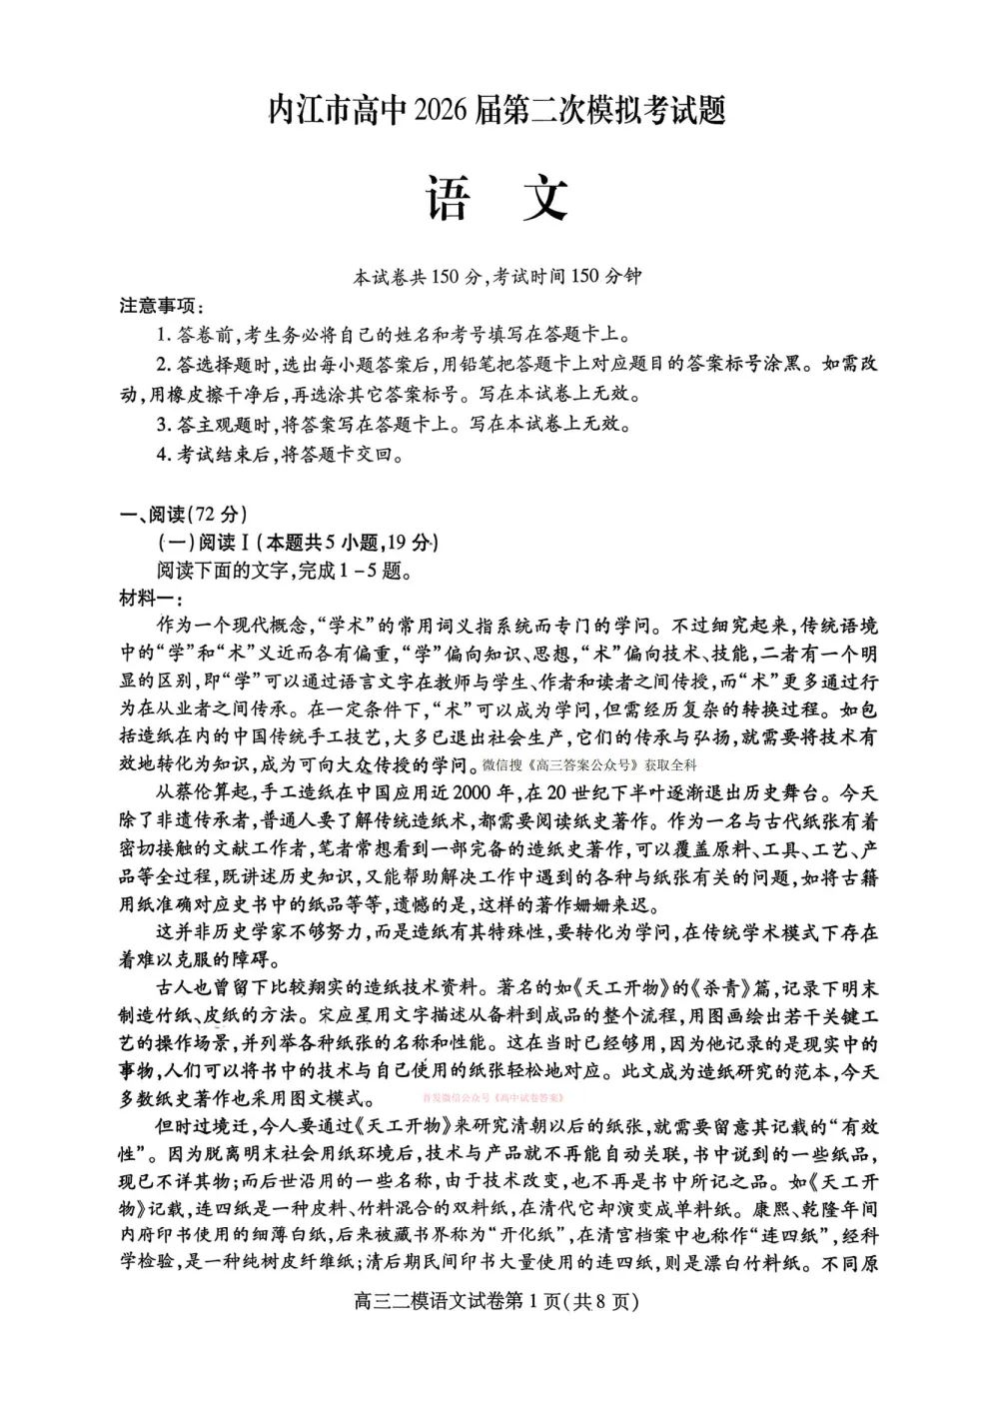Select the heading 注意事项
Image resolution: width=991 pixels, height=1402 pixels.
point(161,306)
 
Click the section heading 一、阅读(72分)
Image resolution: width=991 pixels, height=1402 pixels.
point(182,515)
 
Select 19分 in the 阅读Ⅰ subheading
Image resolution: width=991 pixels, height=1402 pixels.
point(409,544)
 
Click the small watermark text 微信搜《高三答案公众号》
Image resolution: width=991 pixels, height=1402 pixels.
point(559,766)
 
